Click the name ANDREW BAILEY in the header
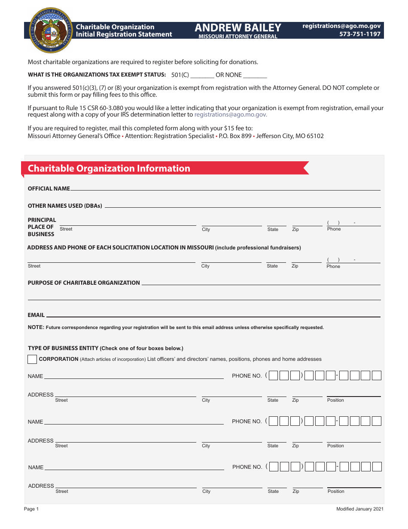(x=238, y=28)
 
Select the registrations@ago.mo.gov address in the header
(x=341, y=26)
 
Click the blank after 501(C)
(x=202, y=75)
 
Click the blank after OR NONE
(x=255, y=75)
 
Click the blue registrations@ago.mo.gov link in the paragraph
(x=231, y=115)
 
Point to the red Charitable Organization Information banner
(x=163, y=169)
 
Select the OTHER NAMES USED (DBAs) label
(x=65, y=206)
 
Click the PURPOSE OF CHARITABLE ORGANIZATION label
(x=84, y=283)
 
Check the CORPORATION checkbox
(x=32, y=360)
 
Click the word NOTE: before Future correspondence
(x=36, y=327)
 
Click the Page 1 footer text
(x=31, y=509)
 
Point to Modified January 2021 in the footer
(x=359, y=509)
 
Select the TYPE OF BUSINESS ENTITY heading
(x=63, y=348)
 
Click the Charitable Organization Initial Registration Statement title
(x=124, y=31)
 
